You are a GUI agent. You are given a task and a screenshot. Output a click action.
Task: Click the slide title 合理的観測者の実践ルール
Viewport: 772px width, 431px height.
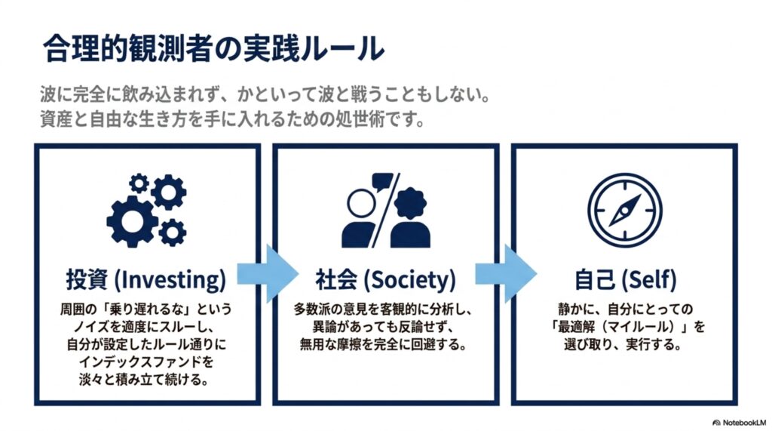[213, 48]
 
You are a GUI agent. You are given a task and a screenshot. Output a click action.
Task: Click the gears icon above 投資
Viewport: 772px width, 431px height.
[147, 210]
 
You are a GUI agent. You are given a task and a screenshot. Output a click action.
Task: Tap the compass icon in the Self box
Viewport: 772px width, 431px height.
[625, 210]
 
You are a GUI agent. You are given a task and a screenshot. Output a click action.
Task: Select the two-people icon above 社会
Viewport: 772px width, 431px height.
[386, 210]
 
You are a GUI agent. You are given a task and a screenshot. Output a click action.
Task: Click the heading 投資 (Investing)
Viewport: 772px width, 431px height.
[146, 279]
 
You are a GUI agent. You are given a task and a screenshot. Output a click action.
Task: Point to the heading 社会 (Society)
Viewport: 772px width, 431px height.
[385, 279]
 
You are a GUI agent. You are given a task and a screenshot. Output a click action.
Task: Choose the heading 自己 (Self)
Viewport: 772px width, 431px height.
[625, 279]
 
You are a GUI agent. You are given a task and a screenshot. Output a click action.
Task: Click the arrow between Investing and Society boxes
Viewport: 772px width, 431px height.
[268, 274]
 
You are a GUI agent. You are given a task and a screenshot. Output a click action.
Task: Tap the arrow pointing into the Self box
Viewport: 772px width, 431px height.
[506, 274]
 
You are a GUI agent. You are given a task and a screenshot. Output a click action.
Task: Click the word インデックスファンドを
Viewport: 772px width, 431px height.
[146, 362]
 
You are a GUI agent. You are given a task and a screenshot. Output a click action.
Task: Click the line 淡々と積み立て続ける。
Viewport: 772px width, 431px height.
[144, 380]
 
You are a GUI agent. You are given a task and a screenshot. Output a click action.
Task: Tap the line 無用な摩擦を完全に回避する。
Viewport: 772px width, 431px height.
[384, 344]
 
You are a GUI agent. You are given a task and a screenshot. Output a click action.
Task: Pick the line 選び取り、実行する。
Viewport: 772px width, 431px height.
[623, 344]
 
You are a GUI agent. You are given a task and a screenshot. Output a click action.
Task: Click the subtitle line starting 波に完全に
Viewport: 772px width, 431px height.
[266, 94]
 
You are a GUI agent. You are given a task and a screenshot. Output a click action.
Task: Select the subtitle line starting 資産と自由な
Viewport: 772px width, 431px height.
[232, 119]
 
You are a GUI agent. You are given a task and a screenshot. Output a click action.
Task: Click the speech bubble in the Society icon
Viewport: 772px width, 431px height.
[382, 181]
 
